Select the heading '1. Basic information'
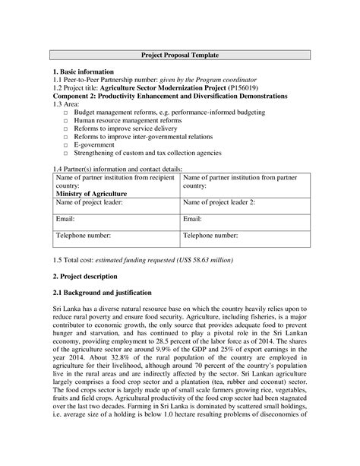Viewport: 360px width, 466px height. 86,71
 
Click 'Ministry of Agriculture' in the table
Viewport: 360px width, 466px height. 89,194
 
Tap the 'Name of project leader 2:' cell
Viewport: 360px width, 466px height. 220,203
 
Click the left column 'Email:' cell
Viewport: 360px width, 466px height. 66,219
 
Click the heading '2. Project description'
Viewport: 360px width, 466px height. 90,276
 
